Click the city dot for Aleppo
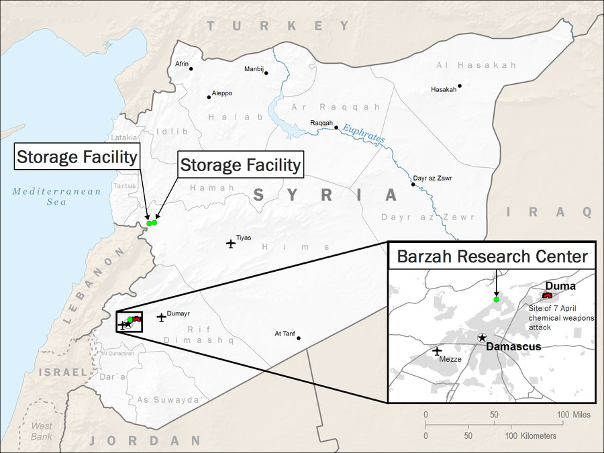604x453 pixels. [209, 97]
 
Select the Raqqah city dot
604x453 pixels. [336, 128]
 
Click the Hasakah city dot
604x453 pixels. [460, 86]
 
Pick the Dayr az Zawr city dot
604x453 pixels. [413, 184]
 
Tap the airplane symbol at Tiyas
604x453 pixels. [231, 243]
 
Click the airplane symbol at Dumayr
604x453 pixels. [161, 317]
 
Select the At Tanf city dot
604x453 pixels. [299, 338]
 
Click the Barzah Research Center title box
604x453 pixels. [493, 256]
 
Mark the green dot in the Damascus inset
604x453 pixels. [496, 299]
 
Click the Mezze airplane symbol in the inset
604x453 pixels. [438, 350]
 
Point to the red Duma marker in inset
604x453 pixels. [548, 295]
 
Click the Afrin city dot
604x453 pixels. [191, 68]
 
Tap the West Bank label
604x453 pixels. [42, 430]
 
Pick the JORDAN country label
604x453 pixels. [144, 441]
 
